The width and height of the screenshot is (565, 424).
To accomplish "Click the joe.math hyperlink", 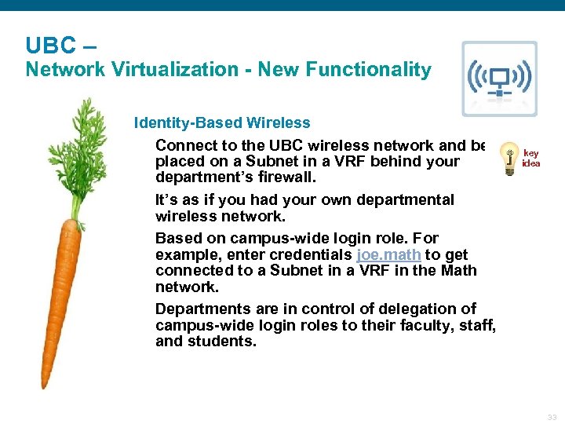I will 388,254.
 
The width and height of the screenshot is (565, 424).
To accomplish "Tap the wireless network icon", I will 499,79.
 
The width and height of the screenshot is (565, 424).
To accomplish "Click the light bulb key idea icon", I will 509,156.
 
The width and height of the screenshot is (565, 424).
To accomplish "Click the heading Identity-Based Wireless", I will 222,122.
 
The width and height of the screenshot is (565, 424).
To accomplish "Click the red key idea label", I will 531,159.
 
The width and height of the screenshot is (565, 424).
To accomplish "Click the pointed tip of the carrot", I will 45,385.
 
